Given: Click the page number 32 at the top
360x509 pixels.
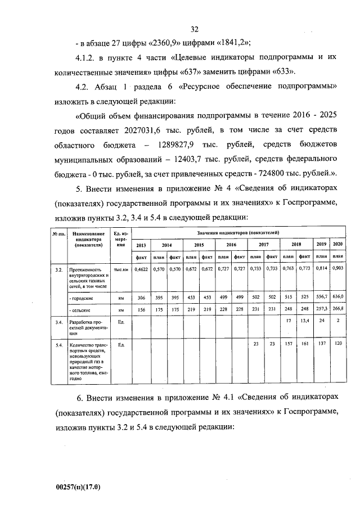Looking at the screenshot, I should [195, 29].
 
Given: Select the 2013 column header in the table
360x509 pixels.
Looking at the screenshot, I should [141, 245].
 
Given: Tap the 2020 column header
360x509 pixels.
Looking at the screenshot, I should [337, 245].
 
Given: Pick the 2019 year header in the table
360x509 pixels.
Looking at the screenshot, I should [321, 245].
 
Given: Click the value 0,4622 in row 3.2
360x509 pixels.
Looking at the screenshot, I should [141, 270].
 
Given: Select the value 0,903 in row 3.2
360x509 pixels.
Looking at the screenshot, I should [337, 270].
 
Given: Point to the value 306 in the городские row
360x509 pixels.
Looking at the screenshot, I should [141, 296].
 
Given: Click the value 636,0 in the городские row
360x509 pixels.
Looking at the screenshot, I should [337, 296].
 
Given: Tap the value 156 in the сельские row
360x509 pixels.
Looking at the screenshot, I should [141, 309].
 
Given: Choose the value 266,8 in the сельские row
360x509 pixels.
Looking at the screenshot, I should [337, 309].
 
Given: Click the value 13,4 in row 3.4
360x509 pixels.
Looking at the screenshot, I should [304, 322].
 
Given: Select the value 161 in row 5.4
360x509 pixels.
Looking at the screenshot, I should [304, 344].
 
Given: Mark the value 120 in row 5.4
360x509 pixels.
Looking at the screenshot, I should [337, 344].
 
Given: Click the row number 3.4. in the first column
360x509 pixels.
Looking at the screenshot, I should [58, 322].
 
